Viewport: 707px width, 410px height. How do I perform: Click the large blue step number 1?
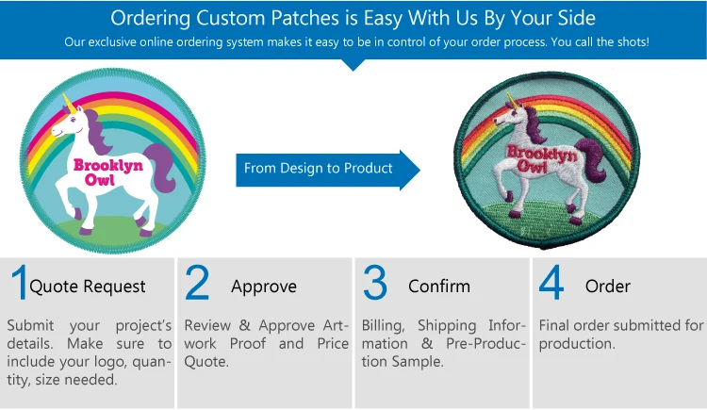pos(20,283)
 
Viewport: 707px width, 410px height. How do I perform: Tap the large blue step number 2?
pos(197,283)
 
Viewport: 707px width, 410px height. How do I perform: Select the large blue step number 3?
pos(374,283)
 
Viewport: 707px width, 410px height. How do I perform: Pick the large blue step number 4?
pos(551,283)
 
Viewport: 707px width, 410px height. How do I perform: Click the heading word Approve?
pos(264,287)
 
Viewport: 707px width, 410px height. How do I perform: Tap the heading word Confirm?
pos(439,286)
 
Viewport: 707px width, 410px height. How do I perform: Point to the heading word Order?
pos(608,286)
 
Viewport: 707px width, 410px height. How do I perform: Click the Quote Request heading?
pos(88,287)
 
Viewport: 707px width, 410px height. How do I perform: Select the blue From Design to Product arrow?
pos(328,170)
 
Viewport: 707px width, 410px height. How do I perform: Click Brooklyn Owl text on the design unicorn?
pos(107,172)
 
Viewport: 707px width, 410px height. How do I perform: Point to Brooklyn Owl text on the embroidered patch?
pos(541,158)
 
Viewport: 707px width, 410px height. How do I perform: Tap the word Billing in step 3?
pos(383,326)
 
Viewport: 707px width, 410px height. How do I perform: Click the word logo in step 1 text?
pos(107,362)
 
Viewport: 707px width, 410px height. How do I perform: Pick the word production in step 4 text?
pos(577,344)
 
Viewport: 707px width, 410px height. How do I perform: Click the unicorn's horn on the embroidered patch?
pos(510,101)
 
